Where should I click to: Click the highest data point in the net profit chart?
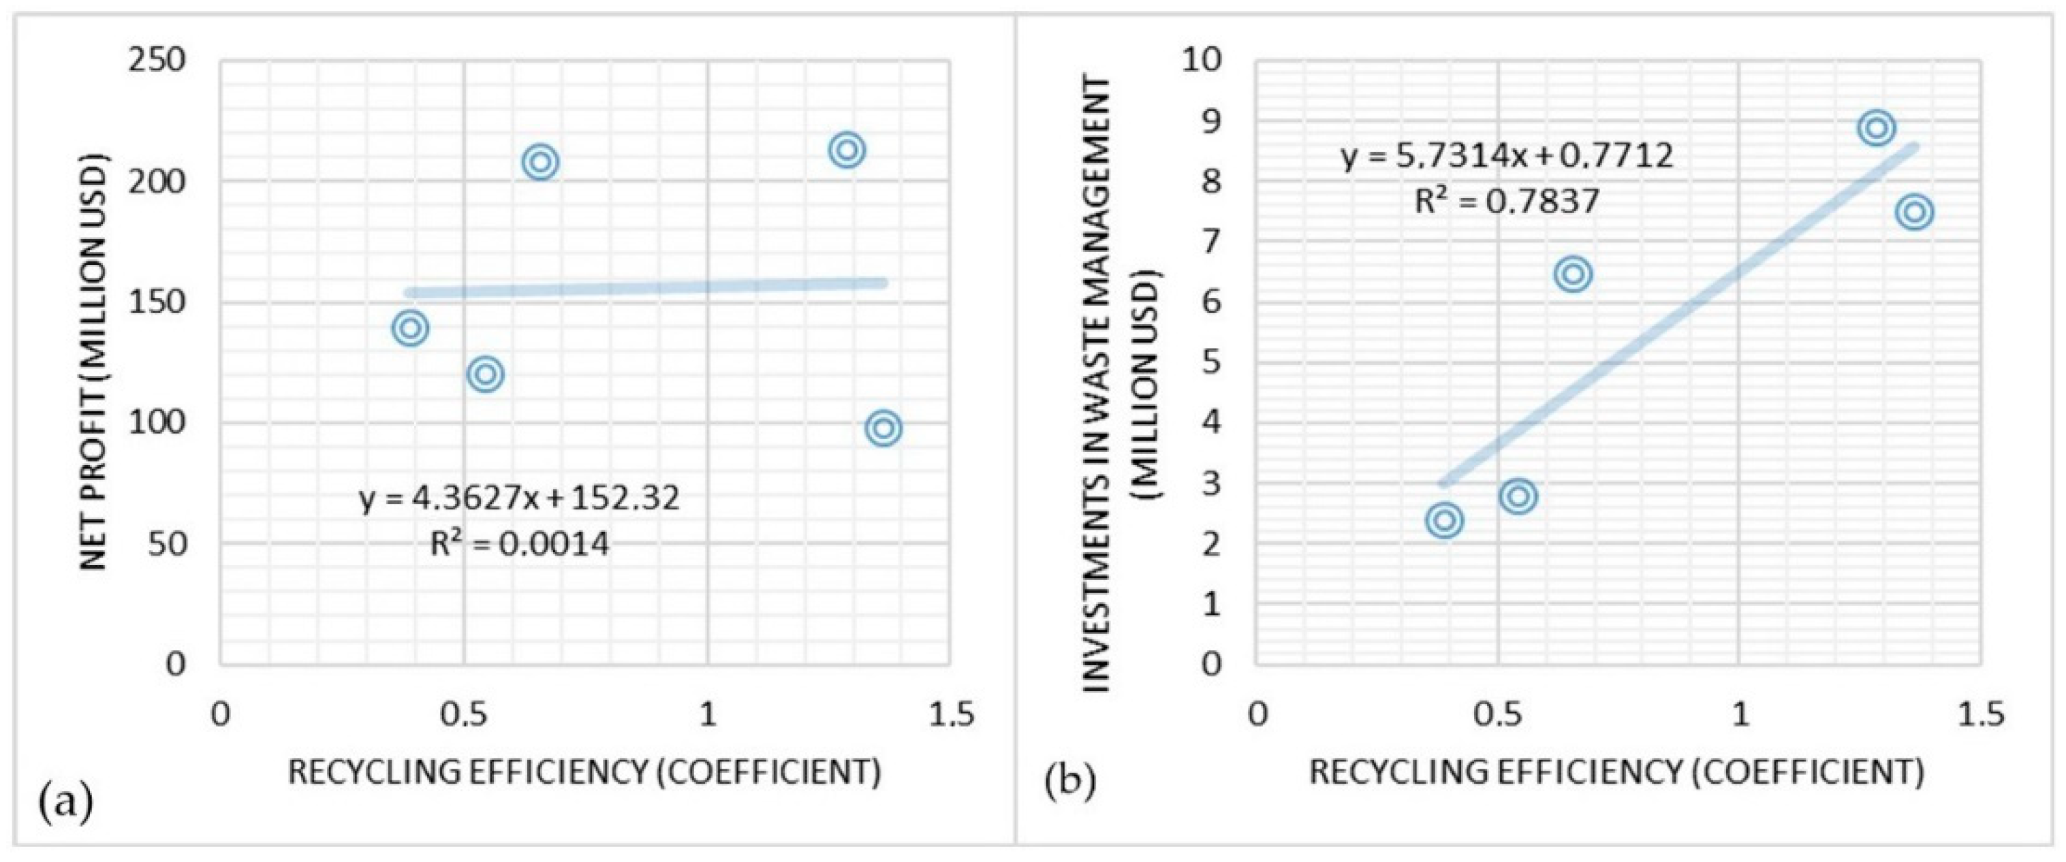(847, 150)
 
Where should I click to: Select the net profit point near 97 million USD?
(884, 428)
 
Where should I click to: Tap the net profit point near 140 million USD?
(411, 328)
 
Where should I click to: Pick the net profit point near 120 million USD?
(485, 374)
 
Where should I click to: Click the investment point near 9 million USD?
(1876, 127)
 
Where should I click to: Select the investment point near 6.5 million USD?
(1573, 274)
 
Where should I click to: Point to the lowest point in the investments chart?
(1445, 520)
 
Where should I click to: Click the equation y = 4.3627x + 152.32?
(520, 499)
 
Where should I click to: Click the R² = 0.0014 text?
(520, 545)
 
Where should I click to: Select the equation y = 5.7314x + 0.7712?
(1508, 155)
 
